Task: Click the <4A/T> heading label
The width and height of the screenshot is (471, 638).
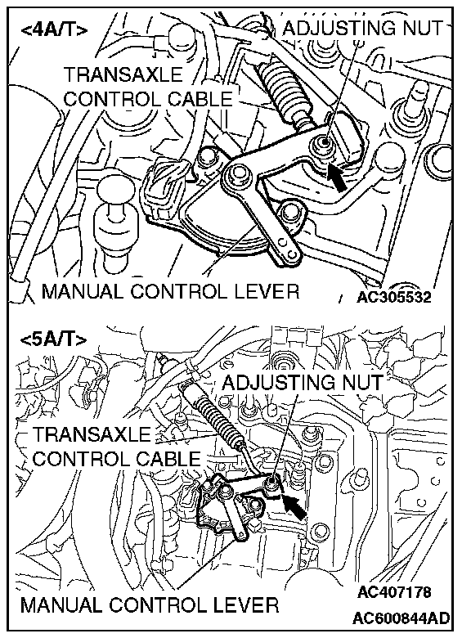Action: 54,30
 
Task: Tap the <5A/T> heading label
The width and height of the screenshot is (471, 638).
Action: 53,339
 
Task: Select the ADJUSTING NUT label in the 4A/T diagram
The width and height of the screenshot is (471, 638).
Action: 362,28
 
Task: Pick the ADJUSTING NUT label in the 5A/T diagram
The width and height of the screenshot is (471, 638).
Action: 303,382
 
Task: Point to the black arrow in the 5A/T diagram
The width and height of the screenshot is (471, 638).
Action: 294,506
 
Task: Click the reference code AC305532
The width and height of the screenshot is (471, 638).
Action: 393,297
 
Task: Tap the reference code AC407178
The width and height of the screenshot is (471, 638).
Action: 394,591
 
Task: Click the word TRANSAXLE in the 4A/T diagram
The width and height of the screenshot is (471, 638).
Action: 123,74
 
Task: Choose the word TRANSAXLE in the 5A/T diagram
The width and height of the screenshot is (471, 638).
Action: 92,434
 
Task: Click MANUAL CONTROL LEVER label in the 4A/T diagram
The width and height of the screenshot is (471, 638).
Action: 170,291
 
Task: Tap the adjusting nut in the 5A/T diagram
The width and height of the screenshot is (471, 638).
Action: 271,483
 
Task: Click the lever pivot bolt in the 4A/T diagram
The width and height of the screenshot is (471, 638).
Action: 236,176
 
